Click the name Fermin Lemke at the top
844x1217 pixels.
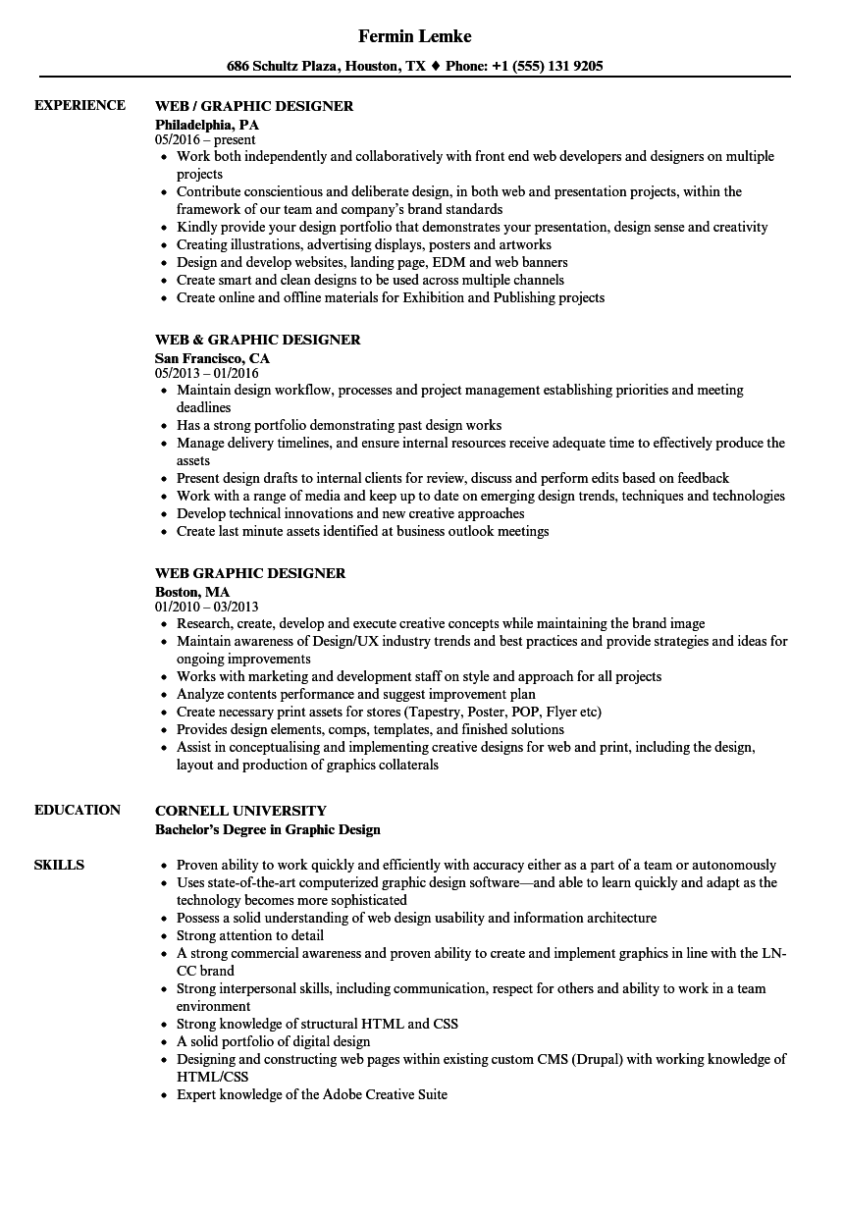[414, 36]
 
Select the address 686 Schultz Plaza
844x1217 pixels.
[282, 67]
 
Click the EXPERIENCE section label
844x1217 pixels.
[79, 105]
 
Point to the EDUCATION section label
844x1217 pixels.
[78, 810]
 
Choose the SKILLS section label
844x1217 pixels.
[59, 865]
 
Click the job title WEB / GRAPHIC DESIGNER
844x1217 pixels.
[254, 106]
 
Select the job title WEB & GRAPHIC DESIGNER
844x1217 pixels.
[257, 340]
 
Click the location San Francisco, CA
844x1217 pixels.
[212, 358]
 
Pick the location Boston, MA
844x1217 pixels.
[192, 592]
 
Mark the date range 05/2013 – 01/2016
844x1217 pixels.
[207, 374]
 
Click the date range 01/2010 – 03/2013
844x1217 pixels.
[207, 608]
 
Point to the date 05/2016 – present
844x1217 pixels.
[205, 140]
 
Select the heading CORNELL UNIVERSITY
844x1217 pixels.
[240, 811]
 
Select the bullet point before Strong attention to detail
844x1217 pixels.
[164, 936]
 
